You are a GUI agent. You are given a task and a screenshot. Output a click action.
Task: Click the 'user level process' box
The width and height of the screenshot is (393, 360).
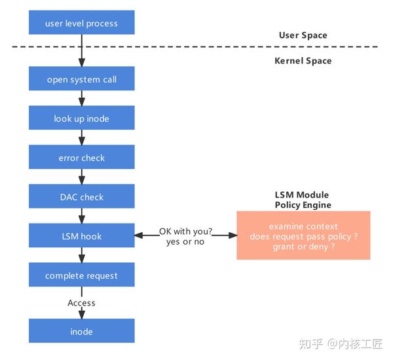pyautogui.click(x=82, y=24)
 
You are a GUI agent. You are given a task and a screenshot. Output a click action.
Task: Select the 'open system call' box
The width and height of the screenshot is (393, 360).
pyautogui.click(x=82, y=79)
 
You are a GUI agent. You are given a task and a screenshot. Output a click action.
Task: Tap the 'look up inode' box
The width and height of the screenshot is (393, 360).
pyautogui.click(x=82, y=119)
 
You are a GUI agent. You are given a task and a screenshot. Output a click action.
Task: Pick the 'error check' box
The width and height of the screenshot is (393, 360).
pyautogui.click(x=82, y=158)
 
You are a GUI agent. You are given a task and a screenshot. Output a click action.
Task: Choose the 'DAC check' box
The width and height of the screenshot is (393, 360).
pyautogui.click(x=82, y=197)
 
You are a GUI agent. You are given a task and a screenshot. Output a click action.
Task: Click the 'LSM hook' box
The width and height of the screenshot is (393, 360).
pyautogui.click(x=82, y=236)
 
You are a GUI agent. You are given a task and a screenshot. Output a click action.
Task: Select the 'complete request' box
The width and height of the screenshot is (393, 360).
pyautogui.click(x=82, y=275)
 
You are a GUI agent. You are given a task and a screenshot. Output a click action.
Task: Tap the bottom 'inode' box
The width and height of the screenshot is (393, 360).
pyautogui.click(x=82, y=331)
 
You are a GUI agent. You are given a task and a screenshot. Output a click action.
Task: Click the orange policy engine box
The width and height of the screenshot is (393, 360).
pyautogui.click(x=303, y=235)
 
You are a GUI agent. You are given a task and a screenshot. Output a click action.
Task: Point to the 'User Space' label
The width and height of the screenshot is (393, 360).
pyautogui.click(x=303, y=35)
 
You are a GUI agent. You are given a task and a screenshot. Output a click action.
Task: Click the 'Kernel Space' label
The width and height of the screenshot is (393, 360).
pyautogui.click(x=303, y=61)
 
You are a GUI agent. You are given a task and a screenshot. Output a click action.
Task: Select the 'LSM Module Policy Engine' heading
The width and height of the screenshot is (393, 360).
pyautogui.click(x=302, y=200)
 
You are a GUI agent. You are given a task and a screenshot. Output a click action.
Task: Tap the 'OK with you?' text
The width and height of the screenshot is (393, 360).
pyautogui.click(x=185, y=231)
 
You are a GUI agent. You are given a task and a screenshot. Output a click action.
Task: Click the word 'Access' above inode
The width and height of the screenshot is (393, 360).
pyautogui.click(x=81, y=303)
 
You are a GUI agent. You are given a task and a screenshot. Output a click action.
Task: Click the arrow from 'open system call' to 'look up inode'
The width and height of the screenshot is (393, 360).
pyautogui.click(x=82, y=98)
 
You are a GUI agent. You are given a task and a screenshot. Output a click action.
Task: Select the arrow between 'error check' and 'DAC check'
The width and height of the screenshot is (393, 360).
pyautogui.click(x=82, y=177)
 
